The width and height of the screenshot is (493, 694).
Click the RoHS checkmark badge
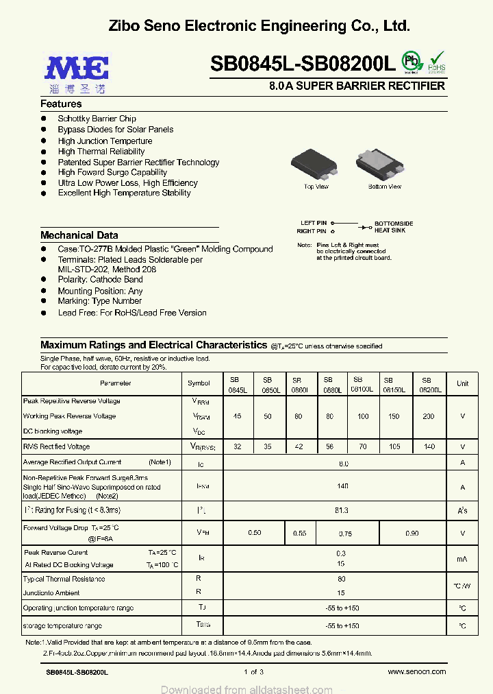pos(436,62)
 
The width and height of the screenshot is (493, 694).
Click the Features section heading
pos(61,104)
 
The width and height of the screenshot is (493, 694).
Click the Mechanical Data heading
pos(79,235)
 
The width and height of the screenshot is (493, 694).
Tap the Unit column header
pos(463,383)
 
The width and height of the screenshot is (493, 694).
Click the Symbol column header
pos(199,383)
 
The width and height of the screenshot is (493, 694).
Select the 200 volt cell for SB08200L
pos(429,416)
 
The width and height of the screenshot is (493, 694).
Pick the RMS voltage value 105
pos(395,446)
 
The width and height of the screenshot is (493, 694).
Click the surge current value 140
pos(342,486)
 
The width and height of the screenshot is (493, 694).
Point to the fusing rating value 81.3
pos(342,510)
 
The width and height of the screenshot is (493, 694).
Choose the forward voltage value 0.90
pos(412,533)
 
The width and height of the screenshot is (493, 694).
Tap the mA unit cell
pos(463,559)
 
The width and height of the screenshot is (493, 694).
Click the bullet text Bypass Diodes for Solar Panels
pos(116,130)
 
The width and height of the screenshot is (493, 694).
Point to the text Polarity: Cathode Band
pos(100,280)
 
